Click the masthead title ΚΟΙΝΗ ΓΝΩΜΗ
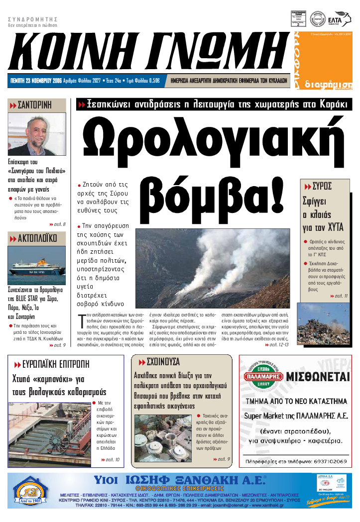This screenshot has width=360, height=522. coord(149,50)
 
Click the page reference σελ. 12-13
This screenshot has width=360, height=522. coord(279,344)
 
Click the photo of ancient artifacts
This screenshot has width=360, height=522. coord(162,438)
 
